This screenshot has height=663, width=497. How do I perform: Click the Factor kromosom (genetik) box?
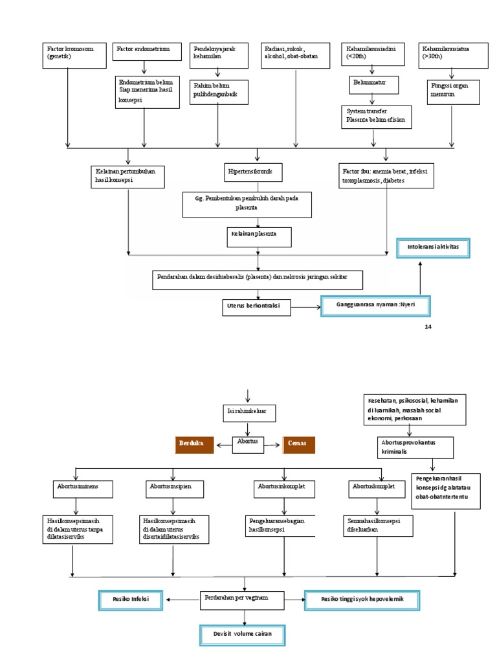pos(76,55)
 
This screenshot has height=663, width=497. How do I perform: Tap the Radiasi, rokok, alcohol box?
pos(295,55)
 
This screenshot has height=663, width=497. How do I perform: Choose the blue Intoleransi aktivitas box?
pos(433,248)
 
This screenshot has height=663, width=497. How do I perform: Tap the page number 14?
pos(427,326)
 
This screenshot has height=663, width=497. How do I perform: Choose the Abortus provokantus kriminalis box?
pos(415,446)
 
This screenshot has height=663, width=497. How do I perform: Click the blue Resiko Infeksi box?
pos(131,600)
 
